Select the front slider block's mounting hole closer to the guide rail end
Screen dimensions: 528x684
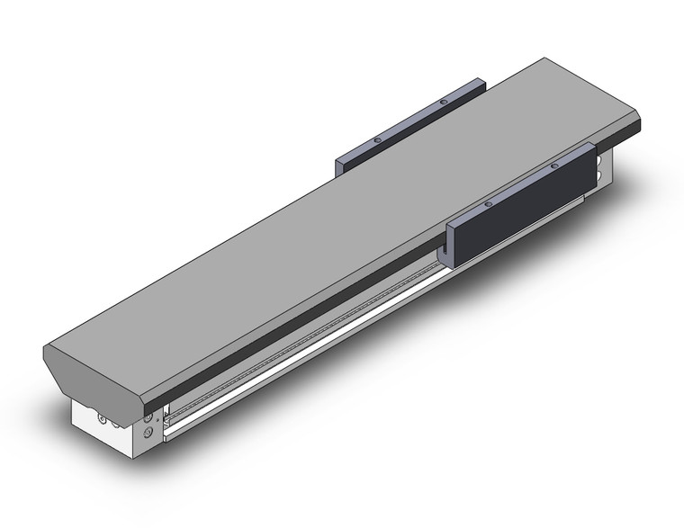pos(487,205)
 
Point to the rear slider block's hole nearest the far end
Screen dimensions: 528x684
pos(444,103)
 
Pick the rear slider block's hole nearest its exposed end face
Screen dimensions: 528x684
pos(377,140)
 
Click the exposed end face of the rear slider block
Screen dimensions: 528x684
pos(340,167)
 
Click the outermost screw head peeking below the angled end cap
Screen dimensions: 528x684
pos(102,419)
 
